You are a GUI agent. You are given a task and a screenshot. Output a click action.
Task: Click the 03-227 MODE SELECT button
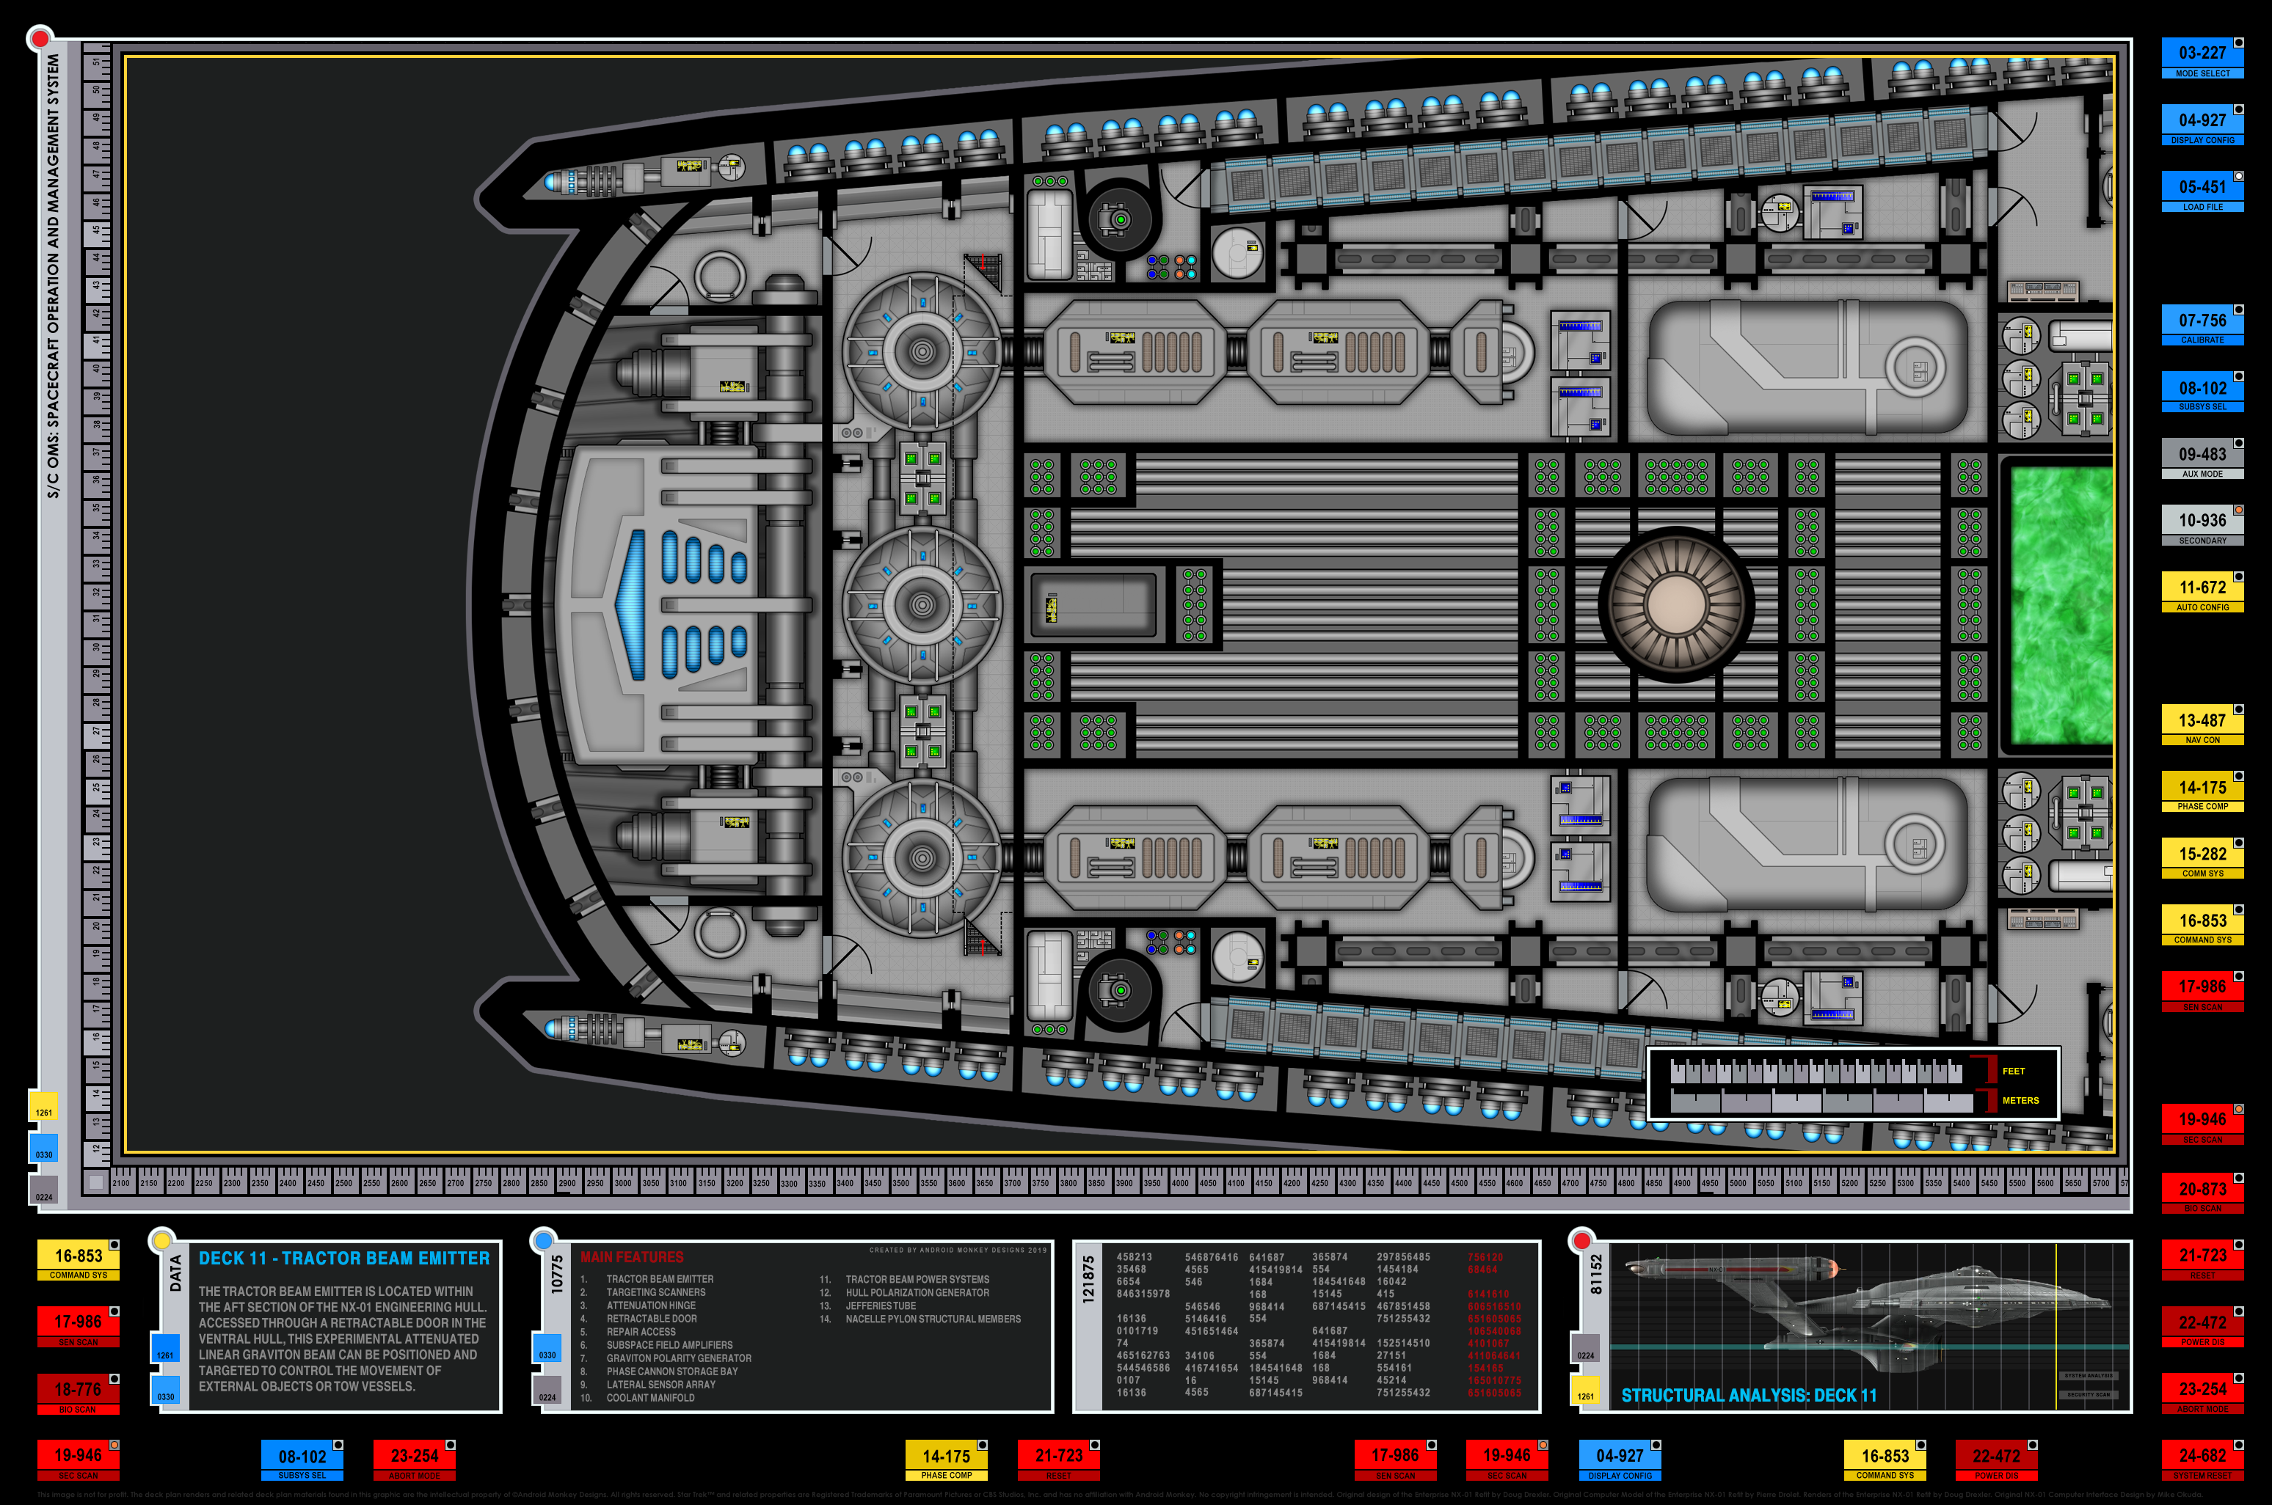point(2201,58)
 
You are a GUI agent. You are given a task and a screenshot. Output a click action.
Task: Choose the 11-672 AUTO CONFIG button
point(2201,592)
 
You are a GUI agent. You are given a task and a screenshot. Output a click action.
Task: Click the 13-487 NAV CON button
point(2201,725)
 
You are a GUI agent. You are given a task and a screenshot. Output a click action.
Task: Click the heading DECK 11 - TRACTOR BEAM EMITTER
point(343,1259)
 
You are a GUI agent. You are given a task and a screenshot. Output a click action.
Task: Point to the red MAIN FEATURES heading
point(632,1257)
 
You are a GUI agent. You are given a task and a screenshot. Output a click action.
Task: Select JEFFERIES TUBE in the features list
point(881,1306)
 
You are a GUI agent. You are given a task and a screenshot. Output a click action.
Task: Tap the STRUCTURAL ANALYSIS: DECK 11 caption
point(1749,1396)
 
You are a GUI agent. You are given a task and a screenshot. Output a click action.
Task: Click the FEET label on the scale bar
point(2013,1071)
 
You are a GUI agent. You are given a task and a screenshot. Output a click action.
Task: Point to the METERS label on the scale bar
point(2020,1101)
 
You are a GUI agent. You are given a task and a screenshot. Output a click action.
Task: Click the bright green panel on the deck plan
point(2060,604)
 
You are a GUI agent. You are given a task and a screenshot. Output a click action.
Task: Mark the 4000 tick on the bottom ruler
point(1179,1184)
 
